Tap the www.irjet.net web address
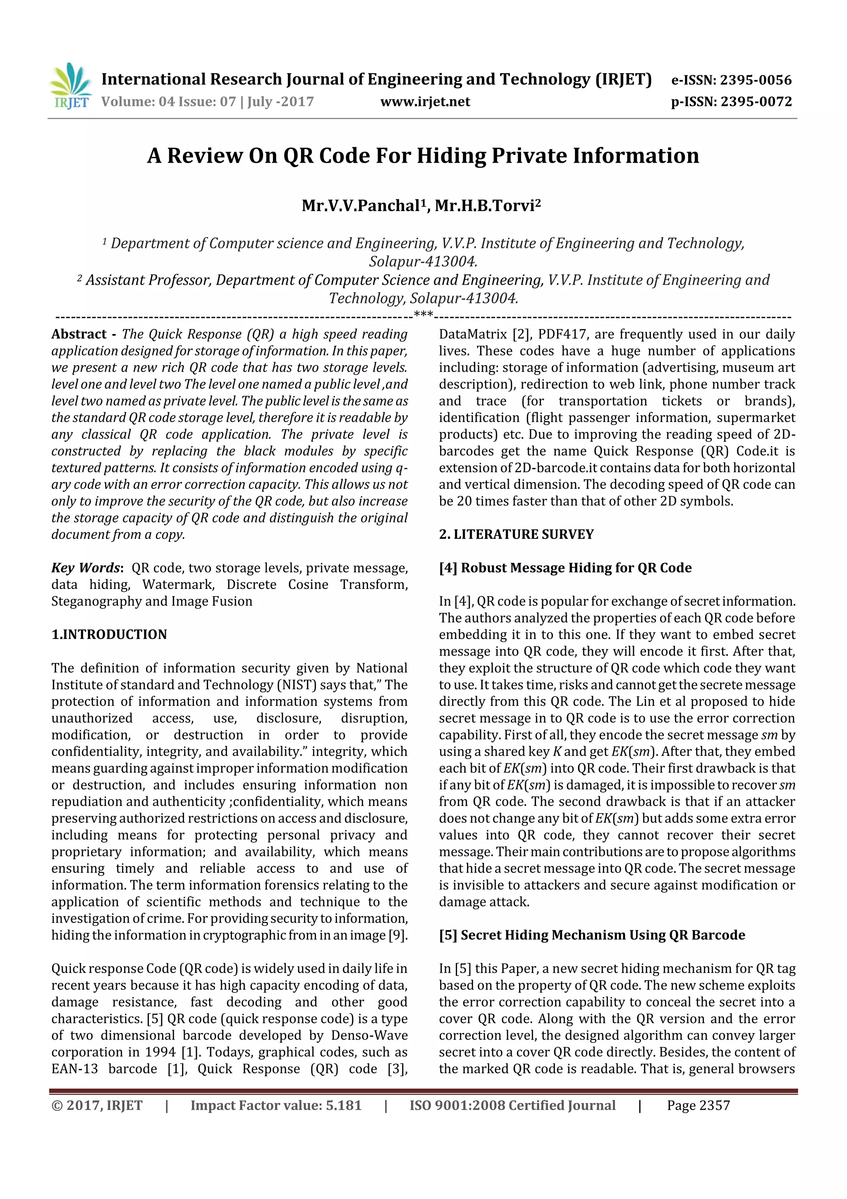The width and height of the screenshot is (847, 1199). pyautogui.click(x=425, y=102)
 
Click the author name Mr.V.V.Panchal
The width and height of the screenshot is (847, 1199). pyautogui.click(x=360, y=206)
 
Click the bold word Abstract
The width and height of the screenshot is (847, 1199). pyautogui.click(x=79, y=334)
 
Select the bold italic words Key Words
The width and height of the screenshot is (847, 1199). pyautogui.click(x=86, y=568)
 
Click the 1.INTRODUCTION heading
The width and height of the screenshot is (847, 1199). pyautogui.click(x=109, y=634)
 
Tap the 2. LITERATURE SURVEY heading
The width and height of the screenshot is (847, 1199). pyautogui.click(x=516, y=534)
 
